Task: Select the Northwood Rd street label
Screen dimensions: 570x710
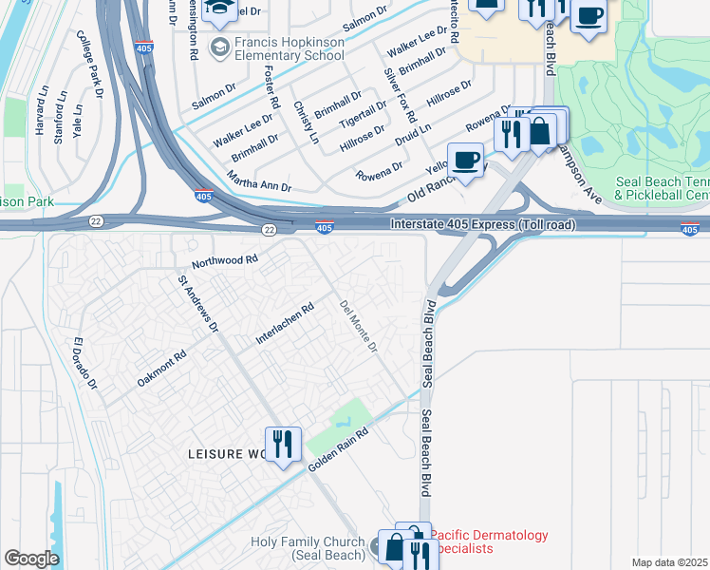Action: pyautogui.click(x=225, y=259)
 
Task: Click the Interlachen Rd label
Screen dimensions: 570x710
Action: pyautogui.click(x=284, y=325)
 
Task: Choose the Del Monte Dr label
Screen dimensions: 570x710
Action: pyautogui.click(x=359, y=326)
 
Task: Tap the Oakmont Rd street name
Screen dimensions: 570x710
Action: pyautogui.click(x=161, y=368)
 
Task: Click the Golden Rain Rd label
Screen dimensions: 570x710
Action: pyautogui.click(x=338, y=449)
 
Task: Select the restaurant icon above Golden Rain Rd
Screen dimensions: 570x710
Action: pyautogui.click(x=283, y=444)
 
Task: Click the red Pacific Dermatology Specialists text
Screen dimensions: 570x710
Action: pyautogui.click(x=488, y=541)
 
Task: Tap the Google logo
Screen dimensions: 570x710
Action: pyautogui.click(x=31, y=559)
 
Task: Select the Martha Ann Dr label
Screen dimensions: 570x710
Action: pyautogui.click(x=258, y=181)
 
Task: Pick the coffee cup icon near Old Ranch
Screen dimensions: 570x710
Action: pyautogui.click(x=465, y=160)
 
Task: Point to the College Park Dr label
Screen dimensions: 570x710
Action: pyautogui.click(x=90, y=66)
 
